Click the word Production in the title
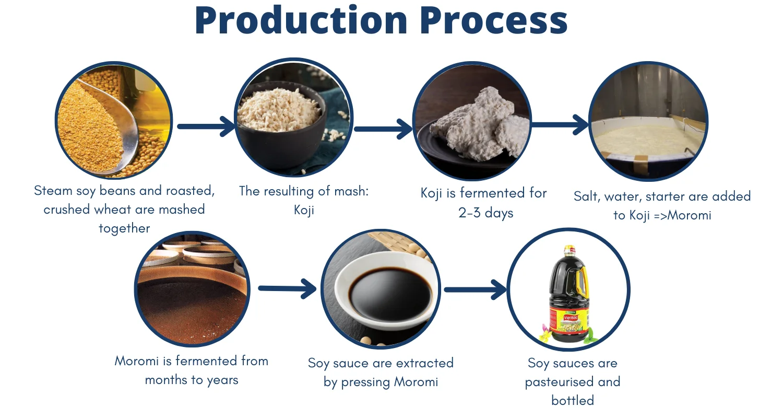pyautogui.click(x=301, y=20)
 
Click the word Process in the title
pyautogui.click(x=493, y=20)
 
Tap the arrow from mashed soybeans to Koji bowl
pyautogui.click(x=206, y=126)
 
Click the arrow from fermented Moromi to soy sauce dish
pyautogui.click(x=287, y=288)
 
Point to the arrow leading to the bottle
pyautogui.click(x=475, y=289)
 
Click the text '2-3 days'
pyautogui.click(x=486, y=213)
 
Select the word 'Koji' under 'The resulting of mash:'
pyautogui.click(x=304, y=210)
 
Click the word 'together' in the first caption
pyautogui.click(x=124, y=228)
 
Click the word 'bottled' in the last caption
pyautogui.click(x=573, y=400)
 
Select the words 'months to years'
pyautogui.click(x=192, y=380)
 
